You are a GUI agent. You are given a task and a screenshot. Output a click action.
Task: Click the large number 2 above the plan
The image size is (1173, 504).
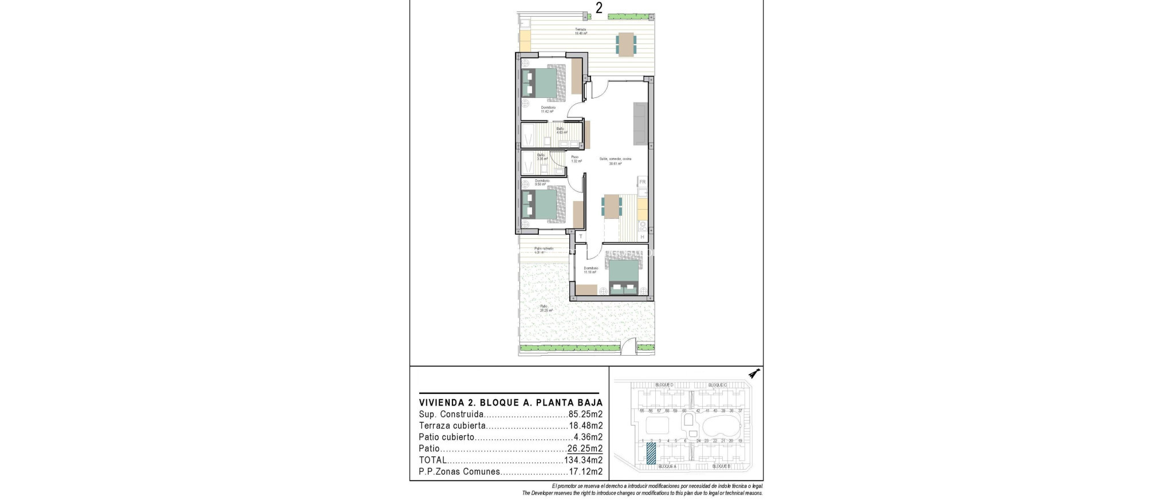(599, 8)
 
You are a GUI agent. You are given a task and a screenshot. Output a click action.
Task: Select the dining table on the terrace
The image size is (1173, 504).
(626, 45)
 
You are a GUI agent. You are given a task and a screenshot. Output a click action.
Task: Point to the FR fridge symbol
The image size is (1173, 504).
(643, 182)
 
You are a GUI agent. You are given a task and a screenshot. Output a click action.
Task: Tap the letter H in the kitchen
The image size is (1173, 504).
(643, 237)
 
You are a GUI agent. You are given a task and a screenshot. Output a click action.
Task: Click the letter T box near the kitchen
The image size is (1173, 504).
(580, 237)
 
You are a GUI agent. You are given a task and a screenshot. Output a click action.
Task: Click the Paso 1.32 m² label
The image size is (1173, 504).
(576, 159)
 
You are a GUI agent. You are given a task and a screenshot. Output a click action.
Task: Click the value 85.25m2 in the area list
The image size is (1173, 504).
(585, 414)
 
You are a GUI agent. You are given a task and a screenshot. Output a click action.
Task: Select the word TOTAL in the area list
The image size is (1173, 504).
(432, 460)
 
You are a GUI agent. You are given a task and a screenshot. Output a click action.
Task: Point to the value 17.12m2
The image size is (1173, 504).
(585, 472)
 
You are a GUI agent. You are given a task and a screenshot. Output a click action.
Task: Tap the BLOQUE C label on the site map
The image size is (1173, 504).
(717, 385)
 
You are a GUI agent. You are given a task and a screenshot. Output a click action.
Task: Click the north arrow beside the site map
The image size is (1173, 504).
(755, 374)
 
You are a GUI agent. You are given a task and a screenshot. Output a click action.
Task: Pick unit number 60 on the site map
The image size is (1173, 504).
(684, 411)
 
